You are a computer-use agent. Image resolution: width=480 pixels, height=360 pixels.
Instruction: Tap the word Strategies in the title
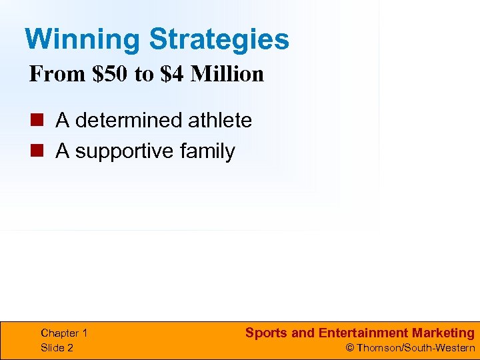point(219,39)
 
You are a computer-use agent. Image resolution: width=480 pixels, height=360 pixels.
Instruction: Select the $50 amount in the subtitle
point(110,74)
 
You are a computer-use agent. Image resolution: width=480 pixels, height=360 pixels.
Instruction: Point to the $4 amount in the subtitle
point(172,74)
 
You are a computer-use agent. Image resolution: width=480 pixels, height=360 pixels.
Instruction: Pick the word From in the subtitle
point(53,74)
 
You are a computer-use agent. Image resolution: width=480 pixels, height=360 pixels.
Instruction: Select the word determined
point(129,121)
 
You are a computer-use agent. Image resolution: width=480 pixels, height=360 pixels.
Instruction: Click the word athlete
point(220,121)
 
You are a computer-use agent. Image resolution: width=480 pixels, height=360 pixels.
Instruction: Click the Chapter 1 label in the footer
point(64,333)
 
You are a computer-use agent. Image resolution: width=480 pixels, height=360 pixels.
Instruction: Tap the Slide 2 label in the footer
point(57,347)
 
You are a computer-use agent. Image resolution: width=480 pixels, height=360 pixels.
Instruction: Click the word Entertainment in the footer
point(363,333)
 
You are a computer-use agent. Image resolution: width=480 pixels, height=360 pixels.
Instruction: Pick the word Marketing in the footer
point(443,333)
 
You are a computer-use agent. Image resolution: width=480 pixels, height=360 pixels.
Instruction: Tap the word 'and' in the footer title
point(303,333)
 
